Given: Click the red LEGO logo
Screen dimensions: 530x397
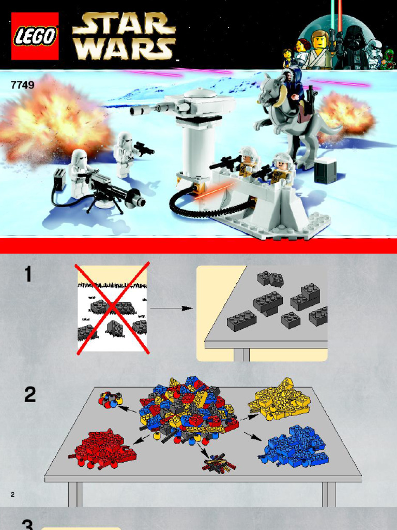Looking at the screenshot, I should tap(35, 36).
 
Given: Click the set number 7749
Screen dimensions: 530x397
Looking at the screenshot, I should tap(22, 85).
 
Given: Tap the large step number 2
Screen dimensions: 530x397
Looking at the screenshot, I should tap(30, 395).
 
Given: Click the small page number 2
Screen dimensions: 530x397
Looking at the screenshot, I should tap(12, 494).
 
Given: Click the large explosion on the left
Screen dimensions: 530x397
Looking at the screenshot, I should tap(52, 119).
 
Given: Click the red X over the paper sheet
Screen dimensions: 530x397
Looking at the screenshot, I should tap(112, 308).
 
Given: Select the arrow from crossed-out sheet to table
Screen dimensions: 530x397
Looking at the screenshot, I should tap(171, 308).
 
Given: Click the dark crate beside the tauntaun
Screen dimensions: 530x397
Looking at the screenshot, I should tap(325, 171).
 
